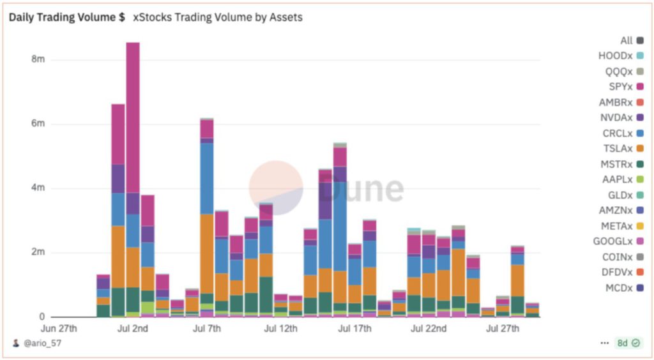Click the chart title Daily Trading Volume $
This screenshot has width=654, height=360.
pos(66,18)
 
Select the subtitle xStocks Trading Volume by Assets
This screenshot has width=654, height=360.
pos(217,18)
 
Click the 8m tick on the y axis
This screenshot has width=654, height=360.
pos(38,59)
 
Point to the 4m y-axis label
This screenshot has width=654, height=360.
pos(38,188)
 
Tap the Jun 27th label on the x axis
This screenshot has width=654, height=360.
pos(59,329)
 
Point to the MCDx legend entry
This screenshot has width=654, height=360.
pos(620,287)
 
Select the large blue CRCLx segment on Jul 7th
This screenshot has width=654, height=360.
pos(206,179)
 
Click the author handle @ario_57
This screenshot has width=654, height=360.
pos(42,343)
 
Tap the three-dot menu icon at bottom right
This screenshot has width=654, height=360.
pos(604,343)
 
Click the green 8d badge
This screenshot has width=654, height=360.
pos(627,343)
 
